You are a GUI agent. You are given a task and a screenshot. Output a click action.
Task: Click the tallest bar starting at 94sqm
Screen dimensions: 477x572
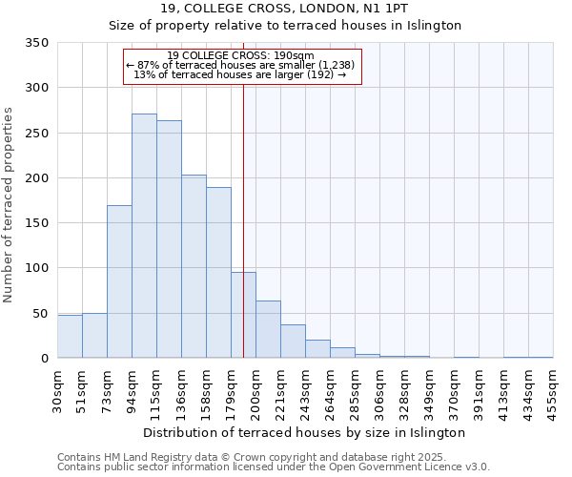click(x=144, y=236)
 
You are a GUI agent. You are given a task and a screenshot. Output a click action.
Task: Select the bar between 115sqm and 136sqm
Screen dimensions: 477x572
click(x=169, y=239)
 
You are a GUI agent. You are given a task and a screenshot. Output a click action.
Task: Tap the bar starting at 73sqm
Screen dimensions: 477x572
click(x=119, y=281)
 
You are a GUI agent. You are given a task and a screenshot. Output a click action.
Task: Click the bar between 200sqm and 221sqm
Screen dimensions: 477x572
click(x=268, y=329)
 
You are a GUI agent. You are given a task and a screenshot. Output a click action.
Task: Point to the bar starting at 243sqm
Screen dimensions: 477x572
click(x=317, y=349)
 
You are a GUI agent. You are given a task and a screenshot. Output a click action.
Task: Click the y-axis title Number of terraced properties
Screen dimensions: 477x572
click(x=10, y=205)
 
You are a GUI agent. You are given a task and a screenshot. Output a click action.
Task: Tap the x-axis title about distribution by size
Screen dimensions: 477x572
click(x=305, y=432)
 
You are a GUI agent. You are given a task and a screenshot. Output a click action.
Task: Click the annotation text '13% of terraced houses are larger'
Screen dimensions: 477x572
click(x=240, y=74)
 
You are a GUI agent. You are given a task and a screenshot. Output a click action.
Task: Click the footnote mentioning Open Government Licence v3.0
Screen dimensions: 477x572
click(x=274, y=467)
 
